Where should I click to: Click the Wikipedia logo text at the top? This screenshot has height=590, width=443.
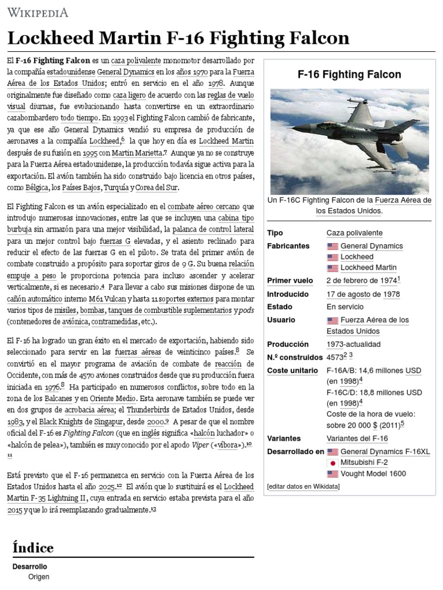tap(37, 12)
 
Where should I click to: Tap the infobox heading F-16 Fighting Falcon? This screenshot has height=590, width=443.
tap(349, 74)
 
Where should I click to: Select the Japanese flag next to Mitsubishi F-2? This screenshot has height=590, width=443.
tap(332, 463)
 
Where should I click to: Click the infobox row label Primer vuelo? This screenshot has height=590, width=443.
tap(290, 281)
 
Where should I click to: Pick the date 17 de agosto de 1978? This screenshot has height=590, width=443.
tap(363, 294)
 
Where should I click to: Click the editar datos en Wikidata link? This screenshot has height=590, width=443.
tap(303, 487)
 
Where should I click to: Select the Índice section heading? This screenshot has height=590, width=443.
tap(33, 548)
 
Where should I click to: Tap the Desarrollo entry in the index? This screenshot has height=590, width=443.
tap(29, 567)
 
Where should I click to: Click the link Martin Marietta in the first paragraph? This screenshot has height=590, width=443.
tap(138, 153)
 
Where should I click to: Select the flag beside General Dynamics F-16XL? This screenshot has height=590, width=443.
tap(332, 452)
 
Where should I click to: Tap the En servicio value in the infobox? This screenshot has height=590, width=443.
tap(345, 307)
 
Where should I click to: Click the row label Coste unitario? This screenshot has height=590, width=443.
tap(292, 370)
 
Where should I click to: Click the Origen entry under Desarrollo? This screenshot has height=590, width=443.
tap(39, 577)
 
